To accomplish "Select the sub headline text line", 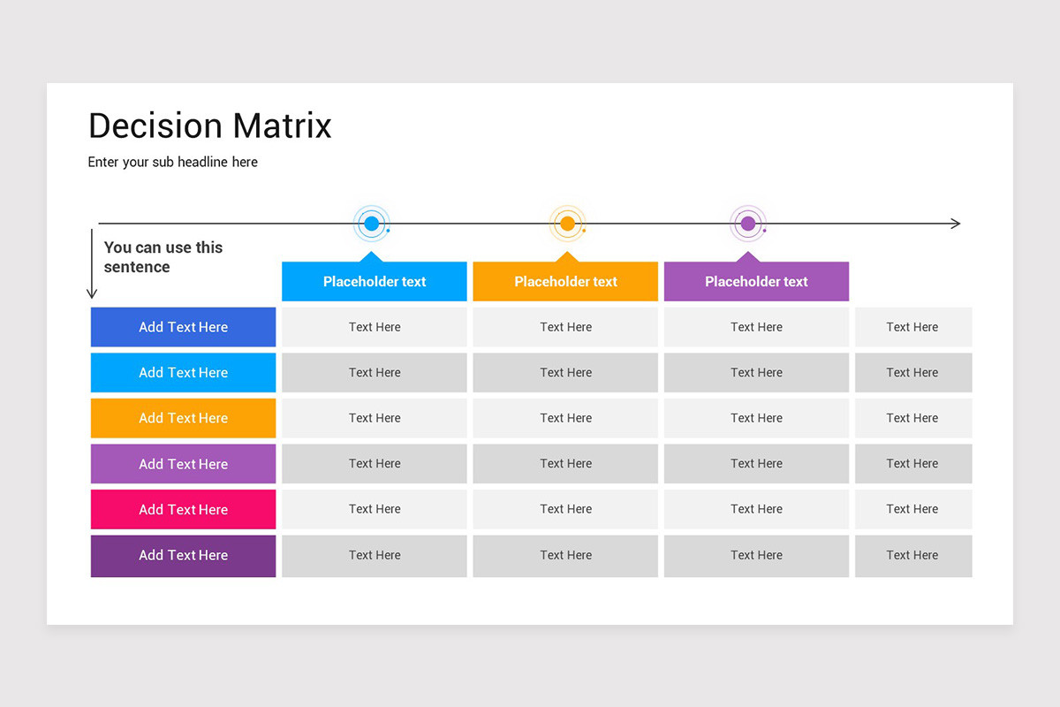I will click(x=172, y=162).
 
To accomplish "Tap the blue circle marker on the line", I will click(x=372, y=224).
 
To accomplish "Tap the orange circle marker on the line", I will click(x=568, y=224).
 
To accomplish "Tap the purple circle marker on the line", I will click(x=748, y=224).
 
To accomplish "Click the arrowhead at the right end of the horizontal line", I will click(x=956, y=224).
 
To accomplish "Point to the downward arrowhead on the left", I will click(x=92, y=293).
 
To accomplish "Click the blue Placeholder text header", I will click(x=375, y=282).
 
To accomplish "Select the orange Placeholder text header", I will click(x=565, y=282).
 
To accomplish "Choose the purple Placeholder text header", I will click(x=756, y=282).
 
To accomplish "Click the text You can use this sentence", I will click(x=163, y=257).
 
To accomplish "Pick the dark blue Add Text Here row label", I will click(x=183, y=327).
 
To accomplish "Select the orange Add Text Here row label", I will click(x=183, y=418).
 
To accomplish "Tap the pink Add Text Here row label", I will click(x=183, y=509).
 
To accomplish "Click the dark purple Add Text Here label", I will click(x=183, y=556).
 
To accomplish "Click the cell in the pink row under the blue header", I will click(x=375, y=509).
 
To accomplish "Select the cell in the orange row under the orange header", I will click(x=565, y=418).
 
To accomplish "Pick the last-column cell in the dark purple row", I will click(x=912, y=556).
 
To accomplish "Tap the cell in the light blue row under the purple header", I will click(x=756, y=373).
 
